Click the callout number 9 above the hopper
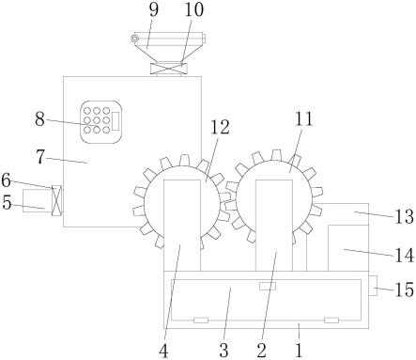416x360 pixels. (154, 9)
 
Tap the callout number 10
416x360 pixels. (193, 9)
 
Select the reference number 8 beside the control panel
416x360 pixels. (39, 119)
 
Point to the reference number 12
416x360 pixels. (220, 127)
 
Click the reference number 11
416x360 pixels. (304, 119)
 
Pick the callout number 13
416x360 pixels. (405, 216)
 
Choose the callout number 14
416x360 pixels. (405, 256)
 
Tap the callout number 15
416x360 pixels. (405, 290)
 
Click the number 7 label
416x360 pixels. (40, 157)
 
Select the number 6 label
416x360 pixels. (7, 180)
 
